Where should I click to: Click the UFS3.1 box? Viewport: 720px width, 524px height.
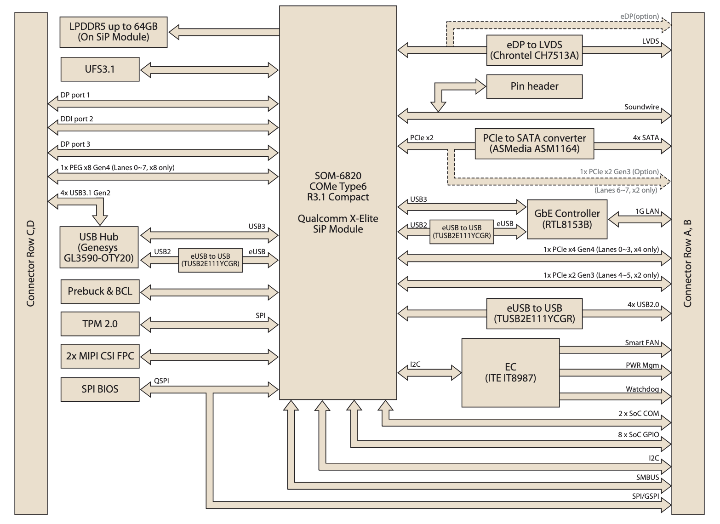pos(100,69)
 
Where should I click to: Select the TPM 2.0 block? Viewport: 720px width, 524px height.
pos(100,324)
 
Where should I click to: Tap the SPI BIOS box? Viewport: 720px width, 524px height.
pos(100,389)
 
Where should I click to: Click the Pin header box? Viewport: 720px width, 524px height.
pos(534,86)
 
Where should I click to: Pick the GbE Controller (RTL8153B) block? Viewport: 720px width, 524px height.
pos(567,219)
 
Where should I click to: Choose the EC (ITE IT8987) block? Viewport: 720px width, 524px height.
pos(510,373)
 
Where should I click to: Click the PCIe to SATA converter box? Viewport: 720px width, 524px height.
pos(534,143)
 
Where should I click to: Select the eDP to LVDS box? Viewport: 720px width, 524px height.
pos(534,50)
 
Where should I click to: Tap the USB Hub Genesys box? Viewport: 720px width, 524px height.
pos(99,247)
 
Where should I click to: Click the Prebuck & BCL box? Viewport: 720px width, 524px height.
pos(100,291)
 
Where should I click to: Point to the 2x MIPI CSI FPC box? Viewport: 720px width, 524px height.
pos(100,356)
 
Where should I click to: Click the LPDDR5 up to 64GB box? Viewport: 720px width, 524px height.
pos(113,32)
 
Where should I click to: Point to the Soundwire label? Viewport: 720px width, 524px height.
pos(641,107)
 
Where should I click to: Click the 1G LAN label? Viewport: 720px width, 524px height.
pos(647,211)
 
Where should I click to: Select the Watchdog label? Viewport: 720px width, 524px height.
pos(642,389)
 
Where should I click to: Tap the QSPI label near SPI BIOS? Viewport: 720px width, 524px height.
pos(161,381)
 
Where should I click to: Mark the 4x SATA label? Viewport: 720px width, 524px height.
pos(646,138)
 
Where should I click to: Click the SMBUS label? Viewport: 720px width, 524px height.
pos(647,478)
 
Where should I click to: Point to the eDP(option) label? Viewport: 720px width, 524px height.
pos(639,17)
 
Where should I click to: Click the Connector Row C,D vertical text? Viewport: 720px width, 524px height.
pos(31,263)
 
